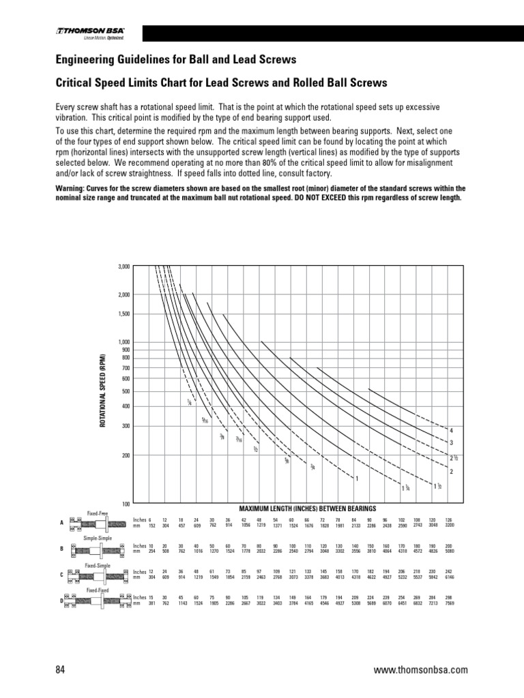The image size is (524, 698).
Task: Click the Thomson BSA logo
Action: pyautogui.click(x=95, y=33)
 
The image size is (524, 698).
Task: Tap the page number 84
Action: pyautogui.click(x=59, y=670)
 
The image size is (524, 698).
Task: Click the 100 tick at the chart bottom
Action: pyautogui.click(x=126, y=504)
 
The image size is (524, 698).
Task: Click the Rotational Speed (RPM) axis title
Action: pyautogui.click(x=104, y=391)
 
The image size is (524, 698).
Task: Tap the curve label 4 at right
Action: pyautogui.click(x=451, y=431)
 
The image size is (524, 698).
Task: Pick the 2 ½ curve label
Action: pyautogui.click(x=453, y=457)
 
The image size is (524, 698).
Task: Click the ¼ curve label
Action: pyautogui.click(x=189, y=403)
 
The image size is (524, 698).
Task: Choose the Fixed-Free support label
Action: pyautogui.click(x=98, y=512)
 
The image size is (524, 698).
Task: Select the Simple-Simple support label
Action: pyautogui.click(x=98, y=538)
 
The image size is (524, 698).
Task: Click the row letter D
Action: pyautogui.click(x=61, y=601)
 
